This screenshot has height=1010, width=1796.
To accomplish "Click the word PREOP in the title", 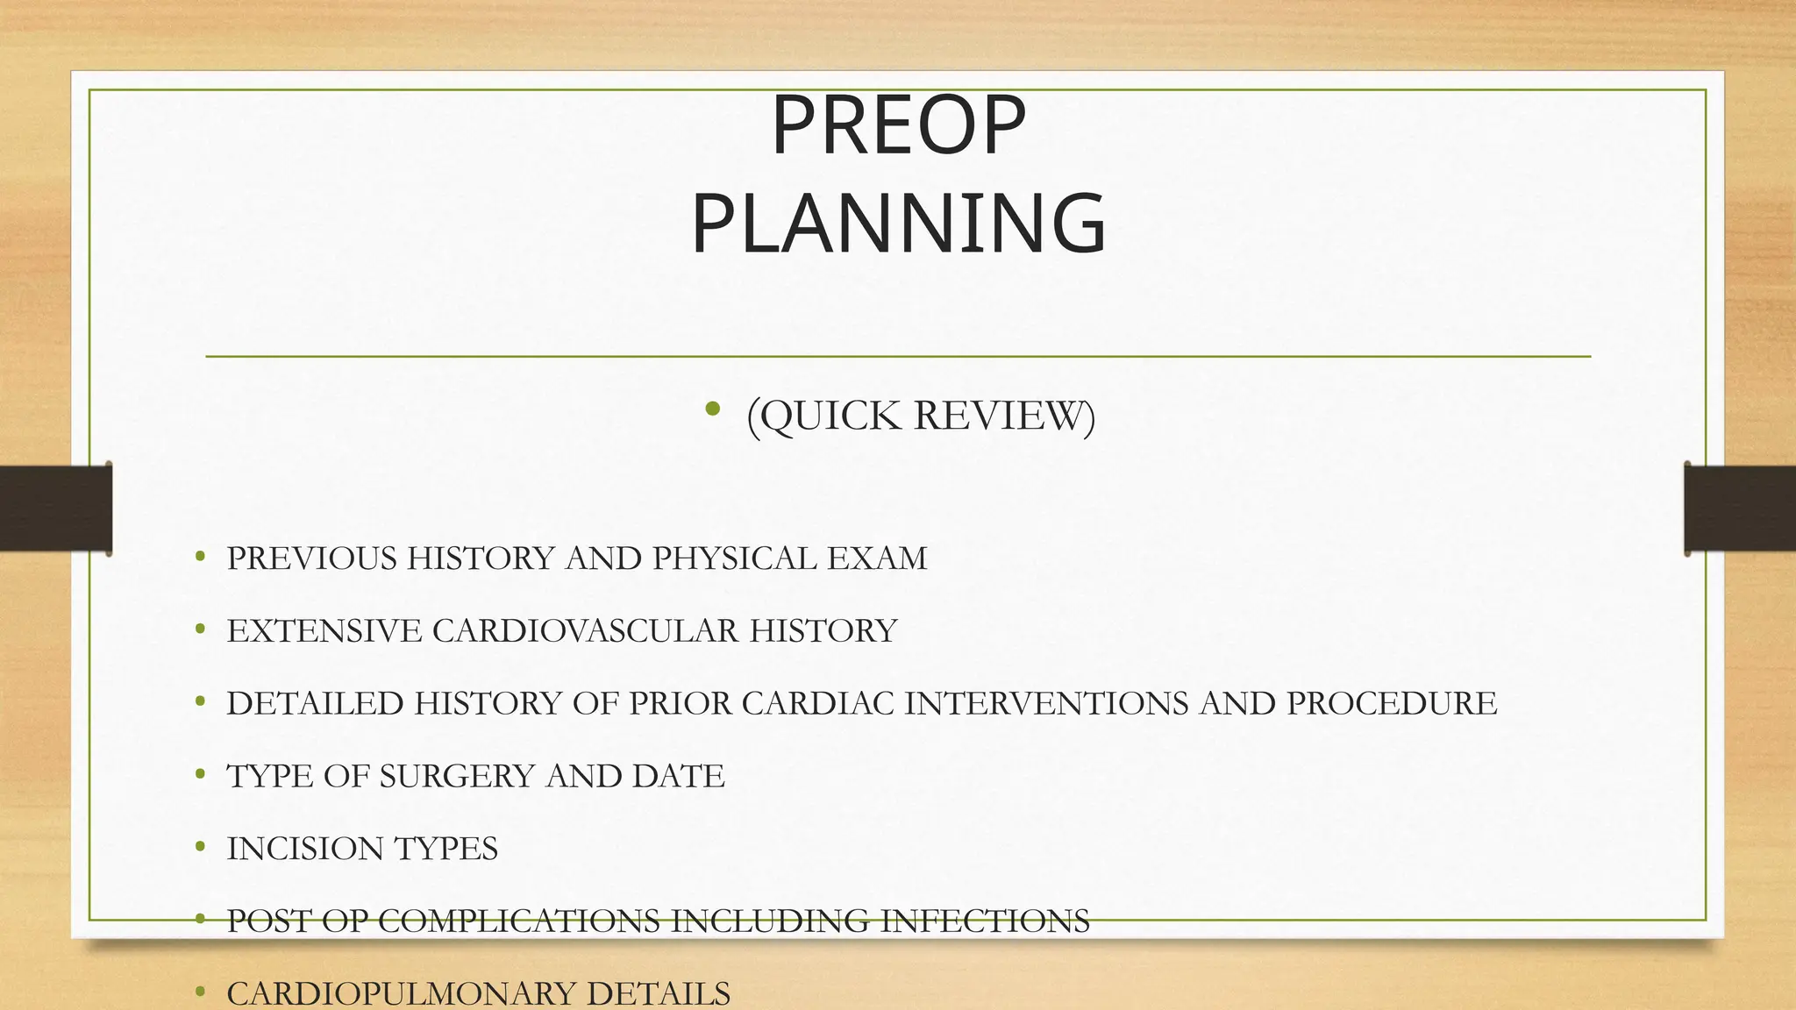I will [898, 127].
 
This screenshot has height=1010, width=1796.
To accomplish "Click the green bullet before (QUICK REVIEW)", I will [712, 409].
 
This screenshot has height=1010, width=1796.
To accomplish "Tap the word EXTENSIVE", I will [324, 631].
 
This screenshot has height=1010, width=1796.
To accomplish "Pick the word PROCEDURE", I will [1392, 704].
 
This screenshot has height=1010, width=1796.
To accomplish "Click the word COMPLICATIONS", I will [519, 921].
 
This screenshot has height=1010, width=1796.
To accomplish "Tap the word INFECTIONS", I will [985, 921].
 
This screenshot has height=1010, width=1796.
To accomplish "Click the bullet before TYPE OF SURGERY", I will [201, 774].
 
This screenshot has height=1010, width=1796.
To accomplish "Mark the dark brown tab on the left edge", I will [55, 509].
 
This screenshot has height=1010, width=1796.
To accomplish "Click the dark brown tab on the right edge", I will [1740, 509].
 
